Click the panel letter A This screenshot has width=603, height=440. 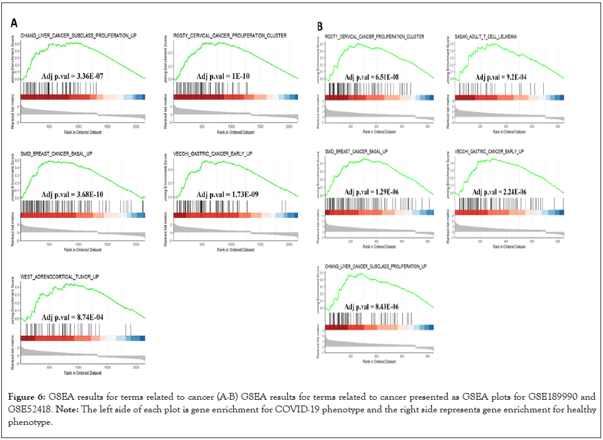click(x=14, y=23)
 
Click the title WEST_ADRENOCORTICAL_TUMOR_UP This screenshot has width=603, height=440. click(x=59, y=277)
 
